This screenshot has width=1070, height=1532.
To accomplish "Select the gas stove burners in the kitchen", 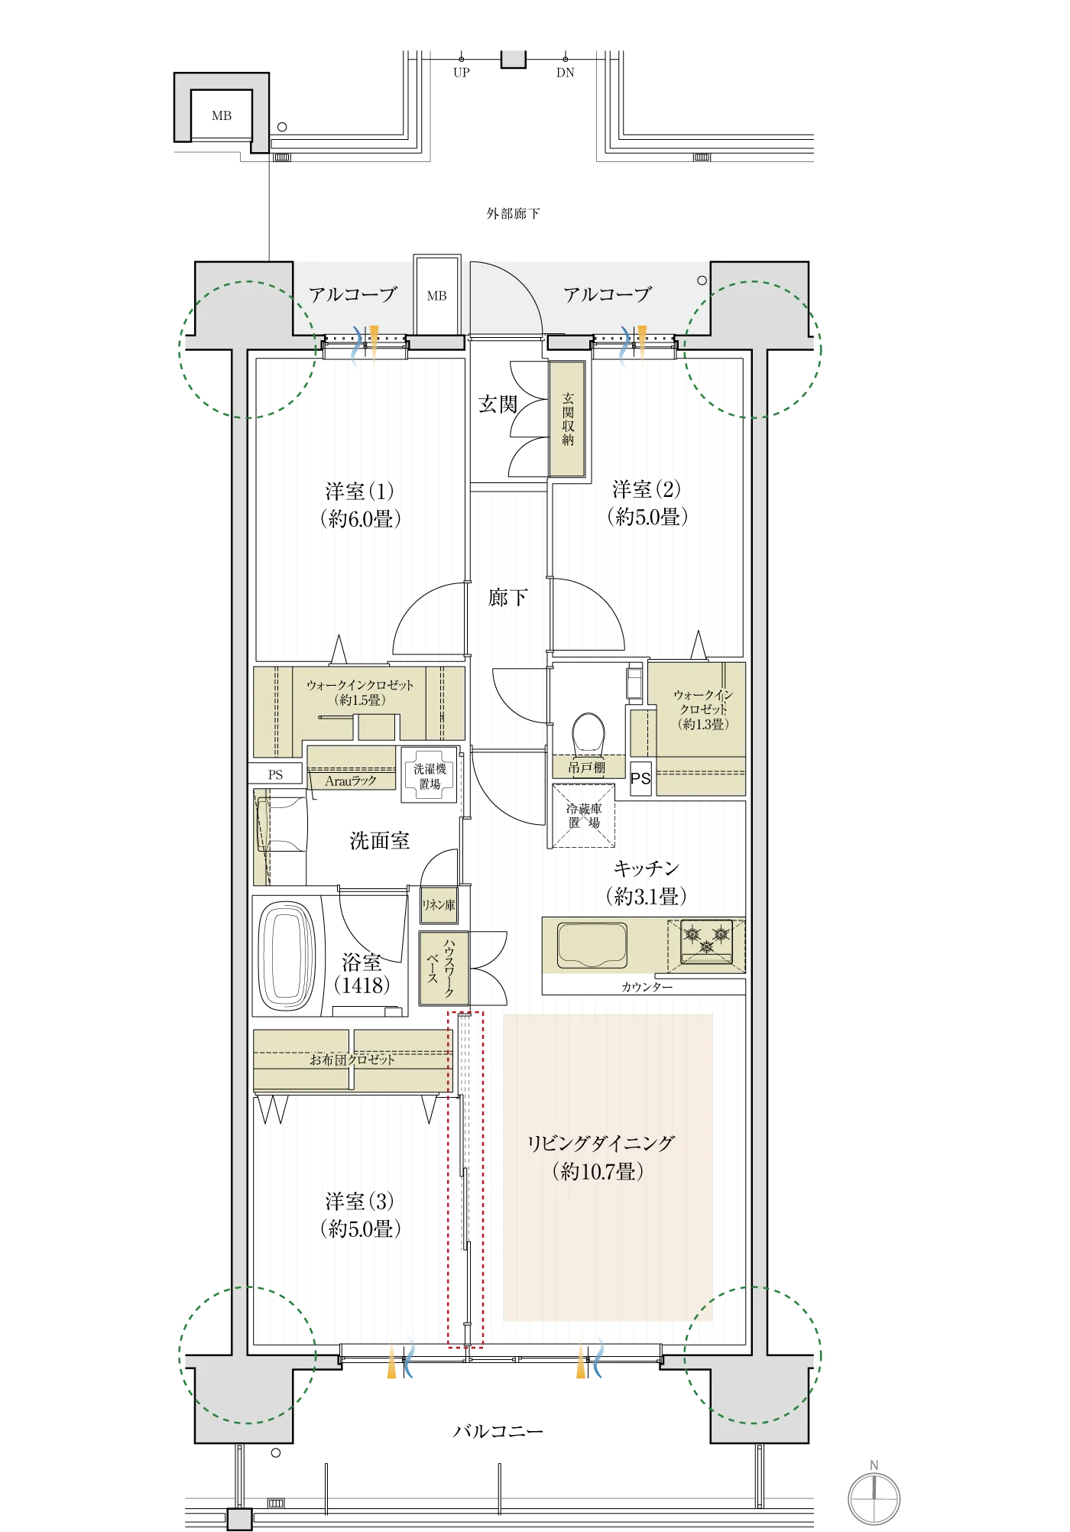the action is click(x=706, y=941).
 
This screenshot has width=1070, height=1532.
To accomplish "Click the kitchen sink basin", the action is click(x=592, y=945).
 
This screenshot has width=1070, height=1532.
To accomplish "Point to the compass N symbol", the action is click(x=874, y=1497).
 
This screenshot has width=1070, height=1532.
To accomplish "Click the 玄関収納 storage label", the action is click(x=568, y=419).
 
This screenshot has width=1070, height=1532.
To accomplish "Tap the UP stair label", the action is click(x=462, y=73).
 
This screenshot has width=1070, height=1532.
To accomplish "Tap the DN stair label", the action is click(x=566, y=73).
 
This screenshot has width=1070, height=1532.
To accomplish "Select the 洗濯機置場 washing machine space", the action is click(x=429, y=775).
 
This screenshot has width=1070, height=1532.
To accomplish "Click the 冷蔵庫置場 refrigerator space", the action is click(x=584, y=816).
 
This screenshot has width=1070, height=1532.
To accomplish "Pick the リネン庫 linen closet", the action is click(x=439, y=904).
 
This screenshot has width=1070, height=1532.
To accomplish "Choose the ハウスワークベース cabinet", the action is click(x=443, y=967).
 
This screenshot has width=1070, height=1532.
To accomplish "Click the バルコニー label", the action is click(x=498, y=1431).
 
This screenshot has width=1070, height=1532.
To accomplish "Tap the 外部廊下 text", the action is click(x=514, y=213).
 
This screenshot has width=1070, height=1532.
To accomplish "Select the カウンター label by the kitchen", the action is click(x=647, y=987).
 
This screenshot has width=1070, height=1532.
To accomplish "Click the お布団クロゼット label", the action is click(x=352, y=1060).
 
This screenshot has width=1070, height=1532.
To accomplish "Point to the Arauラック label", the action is click(x=351, y=781).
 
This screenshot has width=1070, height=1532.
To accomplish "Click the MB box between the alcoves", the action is click(x=437, y=295).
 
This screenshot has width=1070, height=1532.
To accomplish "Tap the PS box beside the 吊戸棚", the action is click(x=640, y=779).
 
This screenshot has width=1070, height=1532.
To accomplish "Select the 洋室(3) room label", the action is click(x=360, y=1215).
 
